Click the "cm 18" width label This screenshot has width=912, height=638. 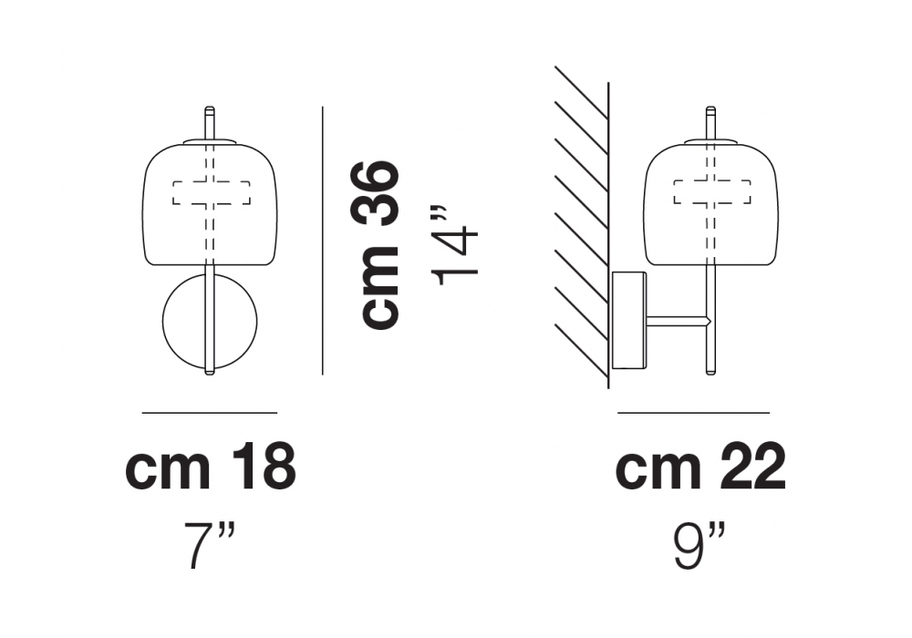[211, 466]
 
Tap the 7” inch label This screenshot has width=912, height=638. [210, 545]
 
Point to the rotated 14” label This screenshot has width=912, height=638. [457, 245]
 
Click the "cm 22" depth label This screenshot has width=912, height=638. [700, 466]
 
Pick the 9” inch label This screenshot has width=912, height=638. [700, 545]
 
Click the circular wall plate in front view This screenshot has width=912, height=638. [174, 323]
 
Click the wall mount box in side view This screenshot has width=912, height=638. [630, 320]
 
